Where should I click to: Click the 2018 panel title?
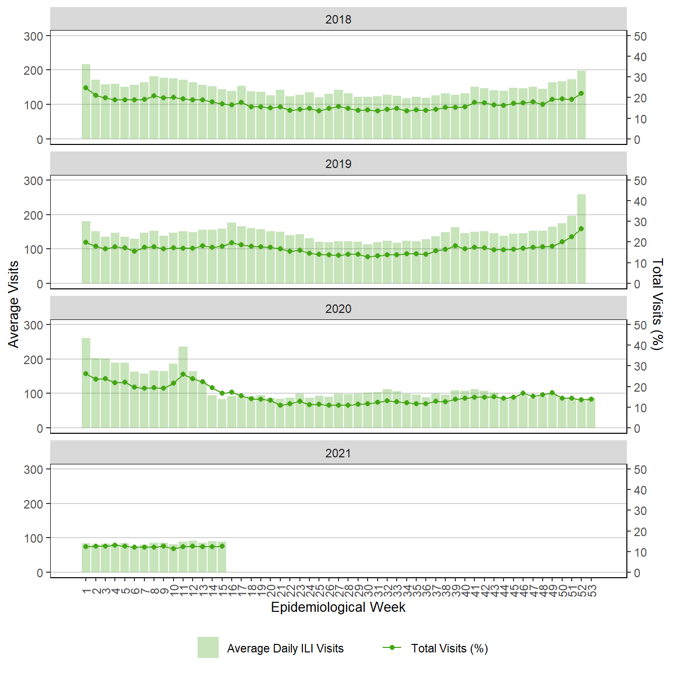338,20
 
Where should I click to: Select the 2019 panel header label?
338,164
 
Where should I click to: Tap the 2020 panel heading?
338,309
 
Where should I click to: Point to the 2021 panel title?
338,453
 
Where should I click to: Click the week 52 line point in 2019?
581,229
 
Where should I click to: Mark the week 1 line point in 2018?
86,88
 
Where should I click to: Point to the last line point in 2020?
591,399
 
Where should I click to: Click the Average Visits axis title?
14,304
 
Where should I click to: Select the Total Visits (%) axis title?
657,304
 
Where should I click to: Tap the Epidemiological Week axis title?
338,607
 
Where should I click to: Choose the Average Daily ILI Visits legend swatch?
208,647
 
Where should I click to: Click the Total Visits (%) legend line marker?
392,647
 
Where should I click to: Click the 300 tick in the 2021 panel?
34,469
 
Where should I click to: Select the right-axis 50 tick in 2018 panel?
640,36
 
